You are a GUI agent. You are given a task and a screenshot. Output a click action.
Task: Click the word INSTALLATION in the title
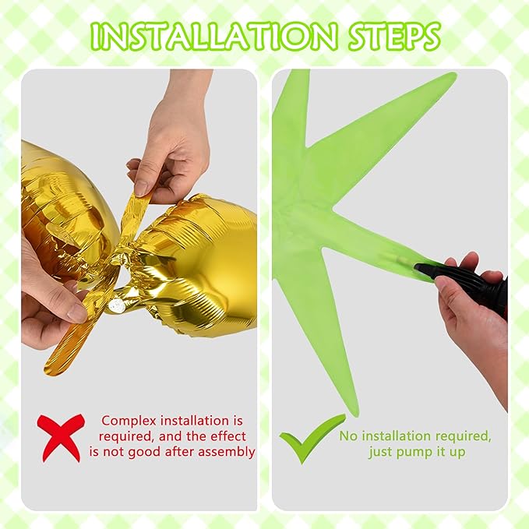pos(214,36)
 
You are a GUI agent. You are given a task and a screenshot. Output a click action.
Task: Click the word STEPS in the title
pos(394,36)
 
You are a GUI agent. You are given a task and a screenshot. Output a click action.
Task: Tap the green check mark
pos(312,438)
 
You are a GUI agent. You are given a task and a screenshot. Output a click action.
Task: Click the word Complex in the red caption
pos(129,421)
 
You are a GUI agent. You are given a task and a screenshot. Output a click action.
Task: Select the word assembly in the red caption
pos(226,452)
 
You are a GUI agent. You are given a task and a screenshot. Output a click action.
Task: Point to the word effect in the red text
pos(227,436)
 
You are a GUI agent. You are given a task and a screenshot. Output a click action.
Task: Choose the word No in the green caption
pos(347,436)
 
